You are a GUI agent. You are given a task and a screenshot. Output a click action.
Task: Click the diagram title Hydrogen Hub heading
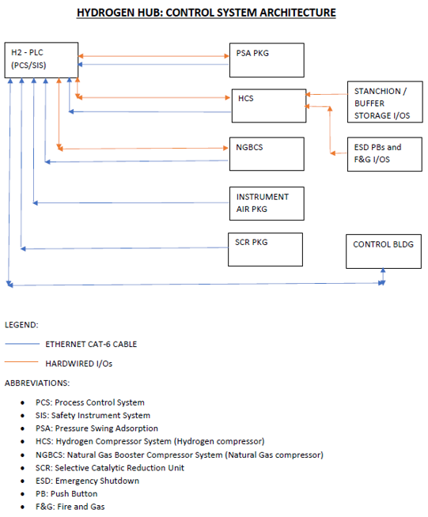click(x=206, y=13)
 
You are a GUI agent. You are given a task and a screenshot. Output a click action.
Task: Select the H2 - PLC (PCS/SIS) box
click(x=40, y=59)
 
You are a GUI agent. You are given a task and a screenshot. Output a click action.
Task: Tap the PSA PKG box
click(x=267, y=60)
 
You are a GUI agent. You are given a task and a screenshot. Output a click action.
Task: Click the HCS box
click(x=268, y=106)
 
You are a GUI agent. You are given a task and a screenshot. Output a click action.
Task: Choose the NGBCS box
click(x=267, y=153)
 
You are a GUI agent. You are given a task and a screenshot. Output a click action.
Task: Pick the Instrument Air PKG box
click(x=267, y=203)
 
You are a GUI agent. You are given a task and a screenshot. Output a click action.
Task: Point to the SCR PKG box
click(x=267, y=249)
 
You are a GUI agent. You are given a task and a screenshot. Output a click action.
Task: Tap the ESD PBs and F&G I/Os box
click(x=382, y=153)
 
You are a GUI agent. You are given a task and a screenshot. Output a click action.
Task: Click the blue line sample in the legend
click(x=21, y=344)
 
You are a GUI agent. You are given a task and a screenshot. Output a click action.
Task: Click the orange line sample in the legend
click(x=21, y=363)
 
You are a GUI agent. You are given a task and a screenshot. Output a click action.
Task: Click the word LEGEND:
click(x=21, y=325)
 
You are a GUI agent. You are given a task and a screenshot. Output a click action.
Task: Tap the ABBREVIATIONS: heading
click(x=36, y=383)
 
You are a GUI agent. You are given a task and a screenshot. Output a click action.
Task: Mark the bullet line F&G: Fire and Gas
click(x=70, y=507)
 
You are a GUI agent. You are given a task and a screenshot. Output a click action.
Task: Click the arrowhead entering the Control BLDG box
click(x=383, y=271)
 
